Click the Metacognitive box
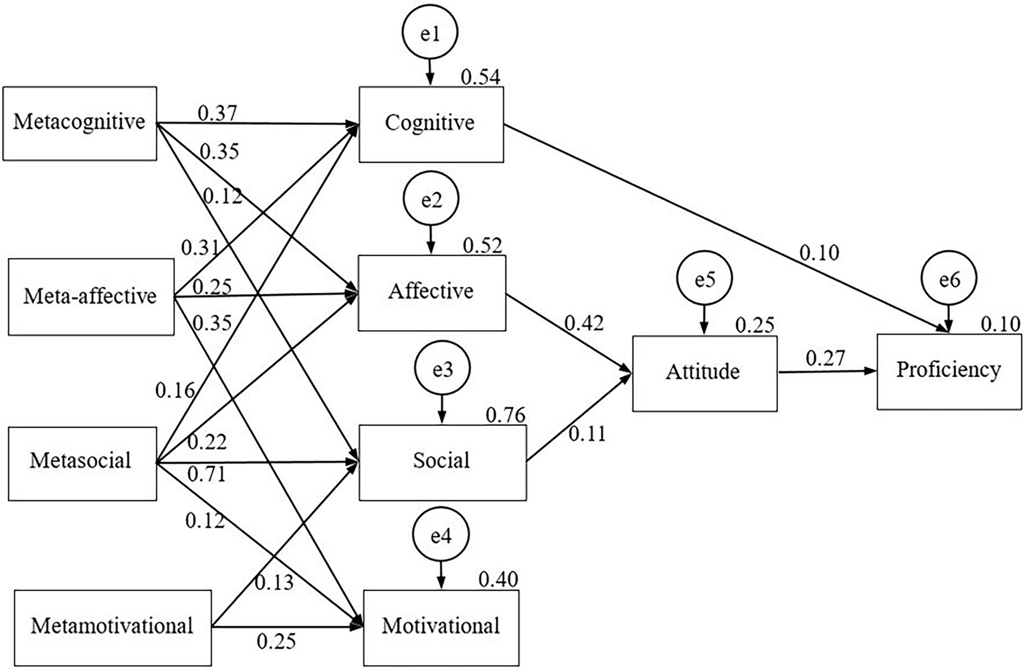pyautogui.click(x=80, y=123)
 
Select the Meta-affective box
pyautogui.click(x=91, y=296)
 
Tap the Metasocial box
pyautogui.click(x=82, y=461)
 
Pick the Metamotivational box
pyautogui.click(x=112, y=627)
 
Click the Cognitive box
pyautogui.click(x=431, y=124)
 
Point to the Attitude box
pyautogui.click(x=704, y=372)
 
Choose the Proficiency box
pyautogui.click(x=949, y=371)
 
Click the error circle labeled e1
pyautogui.click(x=430, y=33)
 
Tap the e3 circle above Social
pyautogui.click(x=442, y=370)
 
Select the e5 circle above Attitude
pyautogui.click(x=705, y=280)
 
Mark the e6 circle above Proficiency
pyautogui.click(x=949, y=280)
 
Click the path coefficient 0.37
pyautogui.click(x=217, y=113)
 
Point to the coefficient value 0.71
pyautogui.click(x=206, y=475)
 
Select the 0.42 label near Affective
pyautogui.click(x=583, y=323)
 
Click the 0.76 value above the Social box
pyautogui.click(x=505, y=415)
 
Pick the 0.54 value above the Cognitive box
pyautogui.click(x=480, y=78)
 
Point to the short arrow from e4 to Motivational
pyautogui.click(x=440, y=575)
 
